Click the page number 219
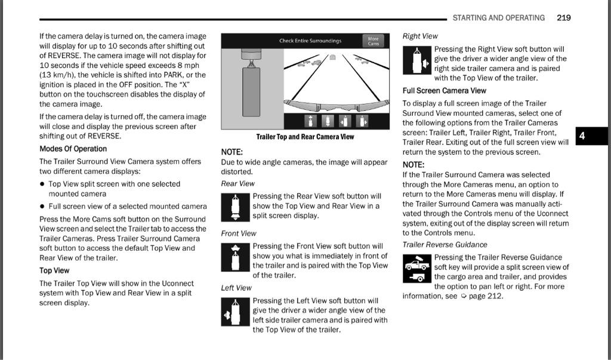click(563, 18)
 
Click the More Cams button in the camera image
click(373, 41)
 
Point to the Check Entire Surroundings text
click(310, 41)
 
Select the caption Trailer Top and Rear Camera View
click(305, 137)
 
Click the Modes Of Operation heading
click(73, 149)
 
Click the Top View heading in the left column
click(54, 270)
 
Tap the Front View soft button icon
click(235, 257)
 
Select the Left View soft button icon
click(235, 311)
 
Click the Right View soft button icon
click(416, 60)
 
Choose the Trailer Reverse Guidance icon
click(416, 269)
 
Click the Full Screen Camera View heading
click(444, 91)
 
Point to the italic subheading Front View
click(239, 233)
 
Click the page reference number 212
click(495, 296)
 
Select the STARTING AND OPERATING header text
click(498, 18)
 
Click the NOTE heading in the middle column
click(232, 152)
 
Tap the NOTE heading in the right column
click(413, 165)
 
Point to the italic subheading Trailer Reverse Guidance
click(445, 245)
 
